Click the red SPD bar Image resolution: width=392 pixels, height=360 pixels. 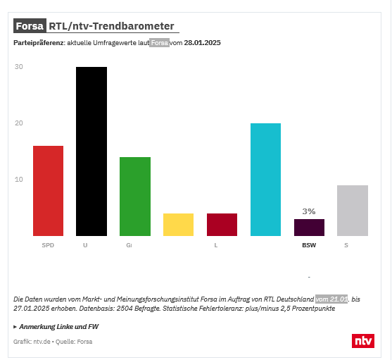pyautogui.click(x=48, y=191)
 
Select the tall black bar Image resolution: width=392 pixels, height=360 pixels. pyautogui.click(x=91, y=151)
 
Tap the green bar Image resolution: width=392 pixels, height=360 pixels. pyautogui.click(x=135, y=197)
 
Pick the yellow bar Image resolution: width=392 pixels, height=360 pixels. pyautogui.click(x=178, y=225)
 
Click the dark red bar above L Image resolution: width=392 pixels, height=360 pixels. pyautogui.click(x=222, y=225)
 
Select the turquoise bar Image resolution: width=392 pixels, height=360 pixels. pyautogui.click(x=265, y=180)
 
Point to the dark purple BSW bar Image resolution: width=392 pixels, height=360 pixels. pyautogui.click(x=309, y=228)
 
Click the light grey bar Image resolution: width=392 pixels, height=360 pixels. pyautogui.click(x=353, y=211)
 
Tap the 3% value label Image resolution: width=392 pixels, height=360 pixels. pyautogui.click(x=309, y=211)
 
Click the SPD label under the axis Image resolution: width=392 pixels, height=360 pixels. pyautogui.click(x=48, y=245)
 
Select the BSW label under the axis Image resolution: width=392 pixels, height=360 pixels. pyautogui.click(x=309, y=245)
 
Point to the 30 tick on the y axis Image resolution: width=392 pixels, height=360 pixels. pyautogui.click(x=19, y=67)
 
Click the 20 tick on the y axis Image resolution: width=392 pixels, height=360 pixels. pyautogui.click(x=19, y=123)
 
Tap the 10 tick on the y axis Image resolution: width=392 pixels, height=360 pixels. pyautogui.click(x=19, y=179)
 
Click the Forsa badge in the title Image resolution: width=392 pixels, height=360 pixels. pyautogui.click(x=30, y=26)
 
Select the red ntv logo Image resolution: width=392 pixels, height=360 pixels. pyautogui.click(x=363, y=340)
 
